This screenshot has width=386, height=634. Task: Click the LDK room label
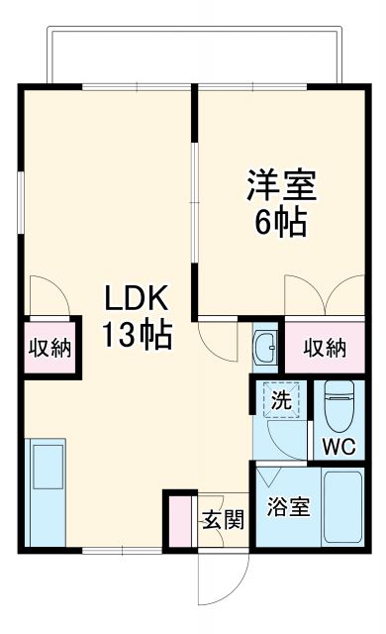tap(139, 297)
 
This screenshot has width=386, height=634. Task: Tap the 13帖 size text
tap(139, 335)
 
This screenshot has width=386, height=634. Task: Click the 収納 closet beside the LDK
tap(48, 348)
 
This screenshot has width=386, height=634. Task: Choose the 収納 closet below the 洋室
tap(325, 348)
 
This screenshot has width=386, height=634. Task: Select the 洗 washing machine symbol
tap(281, 401)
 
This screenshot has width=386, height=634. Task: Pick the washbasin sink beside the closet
tap(265, 346)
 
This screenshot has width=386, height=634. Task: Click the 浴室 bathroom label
tap(288, 508)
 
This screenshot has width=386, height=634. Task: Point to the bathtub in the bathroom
tap(342, 506)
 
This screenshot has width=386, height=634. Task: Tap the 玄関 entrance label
tap(224, 519)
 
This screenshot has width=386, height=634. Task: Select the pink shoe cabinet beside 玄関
tap(179, 519)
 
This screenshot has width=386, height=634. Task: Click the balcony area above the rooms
tap(193, 54)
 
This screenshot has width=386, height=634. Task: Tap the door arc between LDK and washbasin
tap(219, 338)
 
